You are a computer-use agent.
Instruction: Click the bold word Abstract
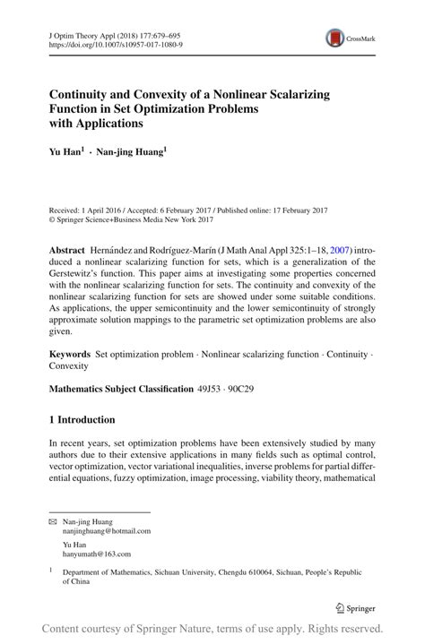[x=67, y=247]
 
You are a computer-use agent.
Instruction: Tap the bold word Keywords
[x=70, y=356]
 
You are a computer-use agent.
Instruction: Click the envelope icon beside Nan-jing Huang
[x=52, y=520]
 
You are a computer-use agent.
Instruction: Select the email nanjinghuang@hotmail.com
[x=107, y=530]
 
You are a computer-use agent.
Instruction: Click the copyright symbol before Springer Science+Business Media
[x=52, y=218]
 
